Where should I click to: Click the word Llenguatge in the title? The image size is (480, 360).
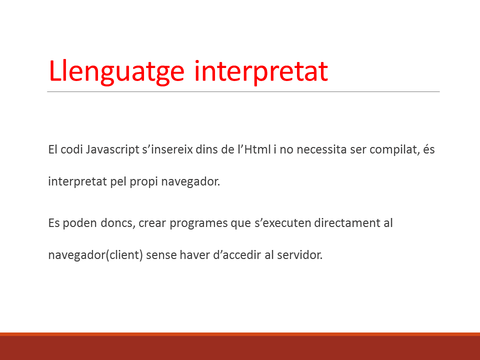[116, 72]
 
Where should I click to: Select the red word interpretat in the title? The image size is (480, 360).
[261, 71]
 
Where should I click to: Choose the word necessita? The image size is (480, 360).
[321, 149]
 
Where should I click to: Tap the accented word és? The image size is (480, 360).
[429, 149]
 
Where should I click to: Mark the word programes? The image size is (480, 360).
[198, 223]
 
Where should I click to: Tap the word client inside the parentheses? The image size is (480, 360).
[124, 254]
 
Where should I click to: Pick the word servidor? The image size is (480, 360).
[299, 254]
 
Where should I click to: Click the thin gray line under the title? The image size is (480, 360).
[243, 91]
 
